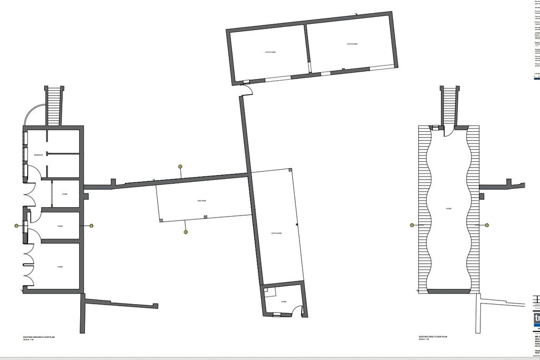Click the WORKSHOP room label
[x=38, y=155]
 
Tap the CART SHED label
[x=201, y=201]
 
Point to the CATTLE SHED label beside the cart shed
[x=276, y=233]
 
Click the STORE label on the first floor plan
[x=449, y=209]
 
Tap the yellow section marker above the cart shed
[x=180, y=166]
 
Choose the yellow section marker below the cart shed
[x=186, y=232]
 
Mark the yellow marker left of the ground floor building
[x=16, y=226]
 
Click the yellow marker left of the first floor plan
[x=412, y=225]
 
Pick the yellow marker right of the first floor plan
[x=485, y=225]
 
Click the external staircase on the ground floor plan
[x=54, y=105]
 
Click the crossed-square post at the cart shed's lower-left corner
[x=161, y=220]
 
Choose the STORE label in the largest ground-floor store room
[x=60, y=267]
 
